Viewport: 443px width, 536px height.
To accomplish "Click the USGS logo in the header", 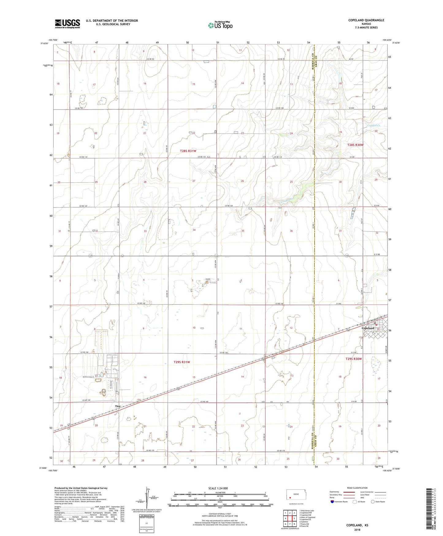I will click(67, 24).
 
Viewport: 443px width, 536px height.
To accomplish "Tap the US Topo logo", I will click(220, 25).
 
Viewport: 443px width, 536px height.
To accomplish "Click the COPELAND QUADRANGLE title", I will click(366, 20).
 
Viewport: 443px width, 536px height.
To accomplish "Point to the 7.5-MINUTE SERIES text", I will click(366, 28).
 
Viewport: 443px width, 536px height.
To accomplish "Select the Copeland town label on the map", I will click(368, 328).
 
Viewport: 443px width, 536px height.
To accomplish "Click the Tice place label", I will click(118, 406).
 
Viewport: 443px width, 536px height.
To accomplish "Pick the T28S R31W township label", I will click(188, 151).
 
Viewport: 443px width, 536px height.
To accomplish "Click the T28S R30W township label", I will click(355, 145).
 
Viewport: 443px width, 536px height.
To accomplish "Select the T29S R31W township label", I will click(182, 362).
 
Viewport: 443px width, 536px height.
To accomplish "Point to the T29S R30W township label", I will click(354, 359).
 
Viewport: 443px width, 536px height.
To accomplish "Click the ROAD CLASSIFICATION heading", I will click(357, 488).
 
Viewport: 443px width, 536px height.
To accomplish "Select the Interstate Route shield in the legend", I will click(333, 502).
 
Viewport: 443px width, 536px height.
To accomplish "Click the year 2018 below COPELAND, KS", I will click(357, 530).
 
